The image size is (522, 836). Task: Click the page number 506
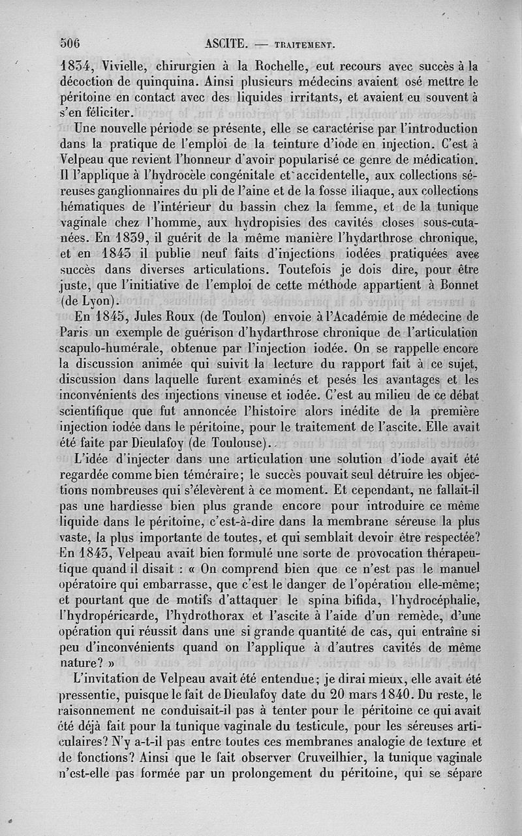pyautogui.click(x=69, y=44)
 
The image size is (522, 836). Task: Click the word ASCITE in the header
pyautogui.click(x=226, y=44)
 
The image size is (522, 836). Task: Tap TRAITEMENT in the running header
pyautogui.click(x=305, y=46)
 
